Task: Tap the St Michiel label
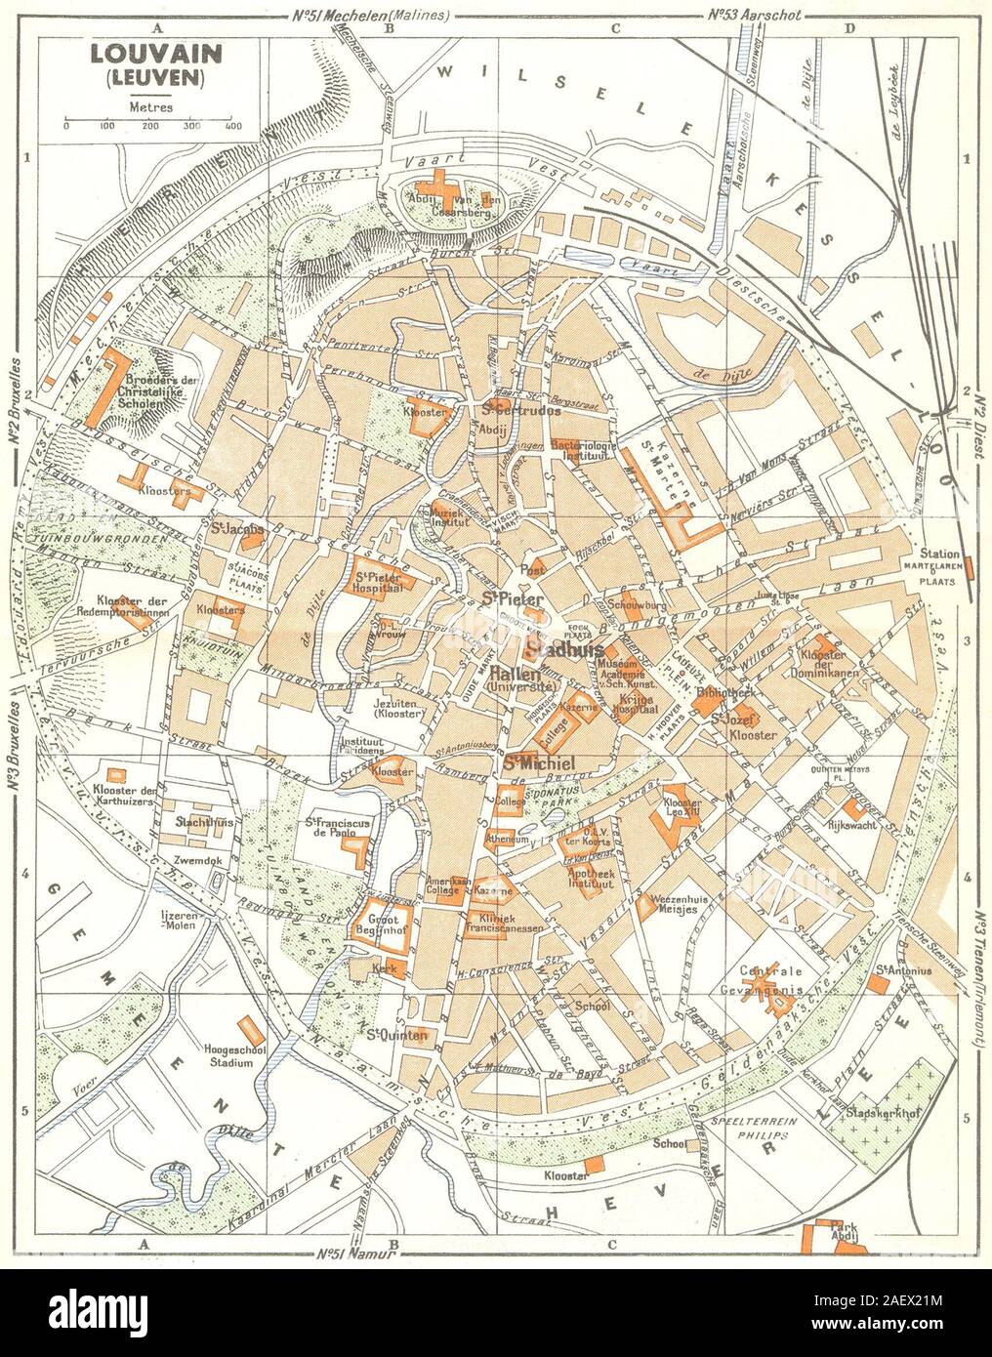530,761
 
